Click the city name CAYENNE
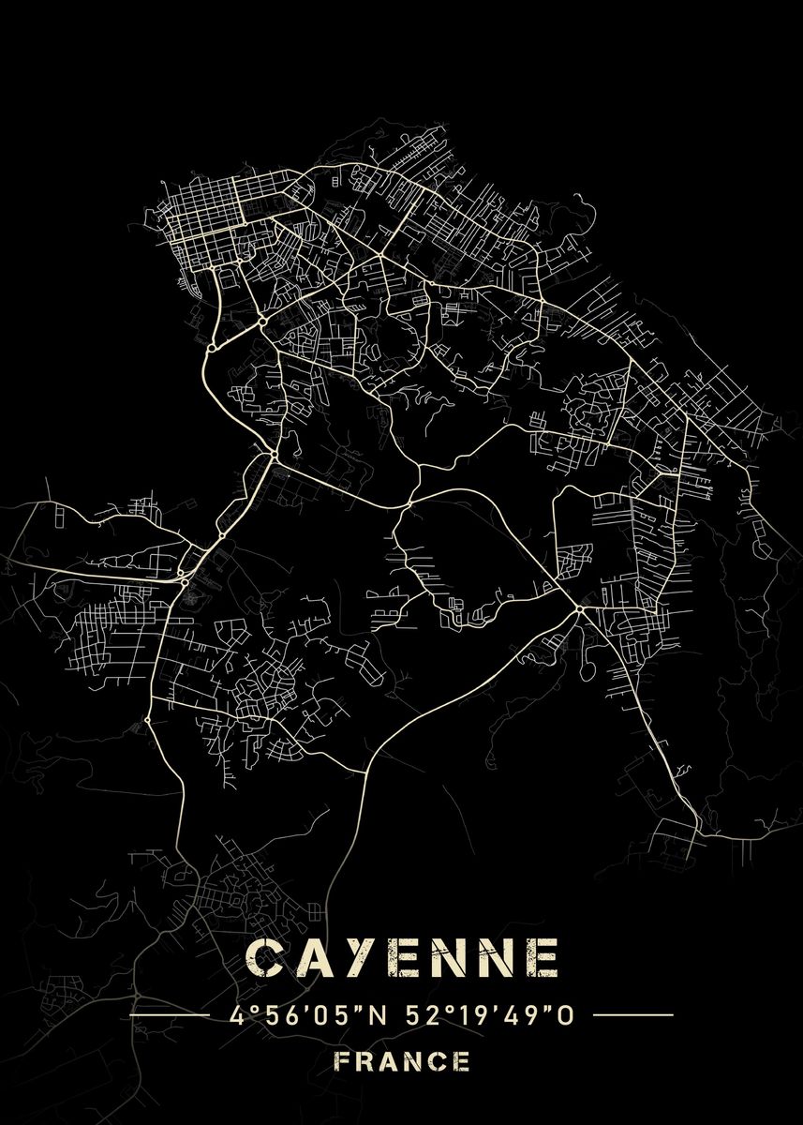click(403, 958)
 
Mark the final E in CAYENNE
click(542, 958)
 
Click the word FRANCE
click(403, 1062)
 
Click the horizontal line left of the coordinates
click(169, 1014)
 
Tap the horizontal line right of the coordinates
click(633, 1014)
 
